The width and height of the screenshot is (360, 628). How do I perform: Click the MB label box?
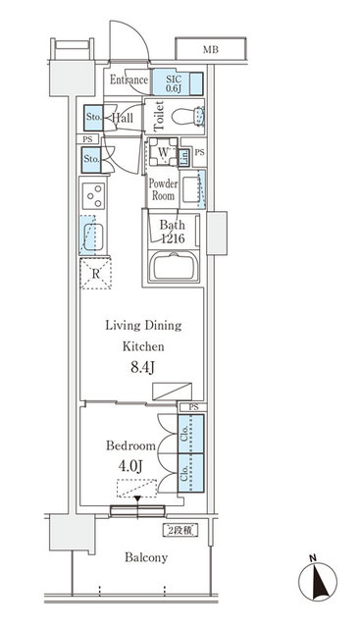(x=211, y=48)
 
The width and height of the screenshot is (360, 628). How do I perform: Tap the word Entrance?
(x=129, y=80)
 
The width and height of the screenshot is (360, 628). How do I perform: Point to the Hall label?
(x=123, y=118)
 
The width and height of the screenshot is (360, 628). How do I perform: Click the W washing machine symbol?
(x=161, y=153)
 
